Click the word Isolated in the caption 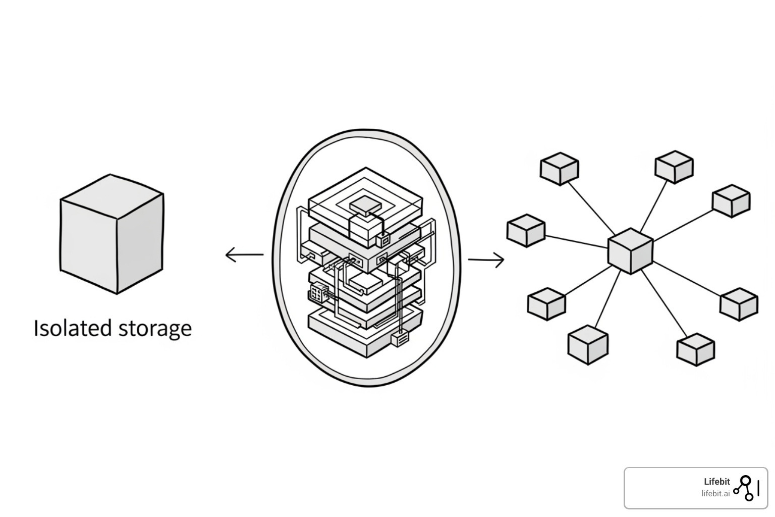(73, 328)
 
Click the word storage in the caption (155, 329)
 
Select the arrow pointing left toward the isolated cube (244, 254)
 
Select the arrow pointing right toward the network (486, 260)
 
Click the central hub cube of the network (630, 251)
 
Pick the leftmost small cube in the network (526, 231)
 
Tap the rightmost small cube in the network (739, 304)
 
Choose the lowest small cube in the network (695, 349)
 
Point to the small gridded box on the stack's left (318, 292)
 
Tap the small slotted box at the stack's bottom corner (400, 339)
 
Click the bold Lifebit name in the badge (716, 482)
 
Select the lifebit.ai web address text (715, 494)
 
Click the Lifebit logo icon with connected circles (745, 488)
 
